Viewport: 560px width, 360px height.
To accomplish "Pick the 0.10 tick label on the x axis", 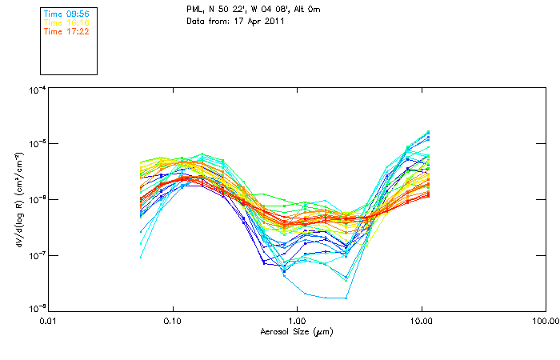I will click(x=173, y=321).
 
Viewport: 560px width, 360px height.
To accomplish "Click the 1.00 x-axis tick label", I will click(x=297, y=321).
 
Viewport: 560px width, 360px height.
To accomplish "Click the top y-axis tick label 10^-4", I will click(x=36, y=91).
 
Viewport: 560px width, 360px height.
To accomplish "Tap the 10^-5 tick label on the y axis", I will click(x=36, y=145).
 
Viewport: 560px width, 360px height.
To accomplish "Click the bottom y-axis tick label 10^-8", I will click(x=36, y=309).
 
